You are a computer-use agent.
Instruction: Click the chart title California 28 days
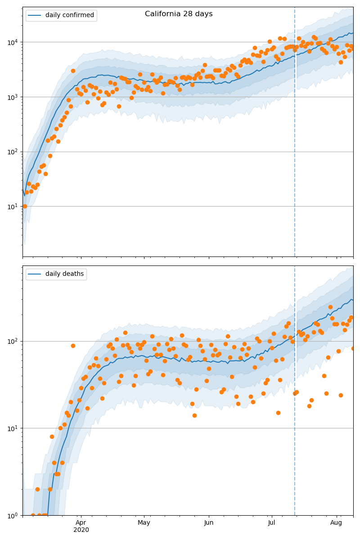coord(179,14)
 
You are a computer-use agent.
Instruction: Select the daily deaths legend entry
coord(64,274)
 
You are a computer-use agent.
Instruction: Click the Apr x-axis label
coord(81,522)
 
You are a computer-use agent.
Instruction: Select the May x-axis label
coord(144,522)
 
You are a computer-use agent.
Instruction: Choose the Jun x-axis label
coord(209,522)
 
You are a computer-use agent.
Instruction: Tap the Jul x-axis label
coord(272,522)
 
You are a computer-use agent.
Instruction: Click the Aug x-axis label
coord(336,522)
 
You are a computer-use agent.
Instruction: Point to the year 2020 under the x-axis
coord(81,530)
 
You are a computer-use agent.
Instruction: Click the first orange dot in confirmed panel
coord(25,206)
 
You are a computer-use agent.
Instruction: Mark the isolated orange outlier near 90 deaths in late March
coord(73,346)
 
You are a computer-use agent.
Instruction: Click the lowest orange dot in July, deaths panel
coord(278,413)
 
